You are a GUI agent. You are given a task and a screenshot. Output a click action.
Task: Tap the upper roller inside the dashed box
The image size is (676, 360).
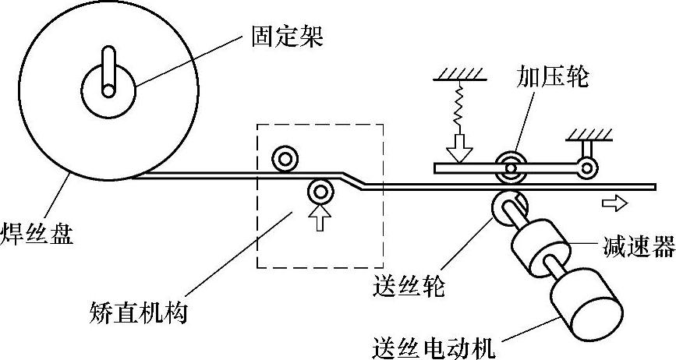[284, 160]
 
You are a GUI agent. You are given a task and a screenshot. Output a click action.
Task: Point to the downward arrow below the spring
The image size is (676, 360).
[458, 146]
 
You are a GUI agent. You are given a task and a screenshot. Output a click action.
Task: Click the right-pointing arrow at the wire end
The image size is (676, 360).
[614, 203]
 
